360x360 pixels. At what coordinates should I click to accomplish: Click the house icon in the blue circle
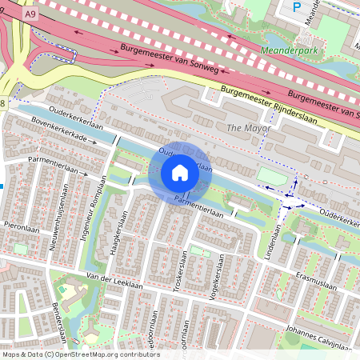click(180, 173)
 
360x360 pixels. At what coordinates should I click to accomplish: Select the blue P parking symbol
click(298, 7)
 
